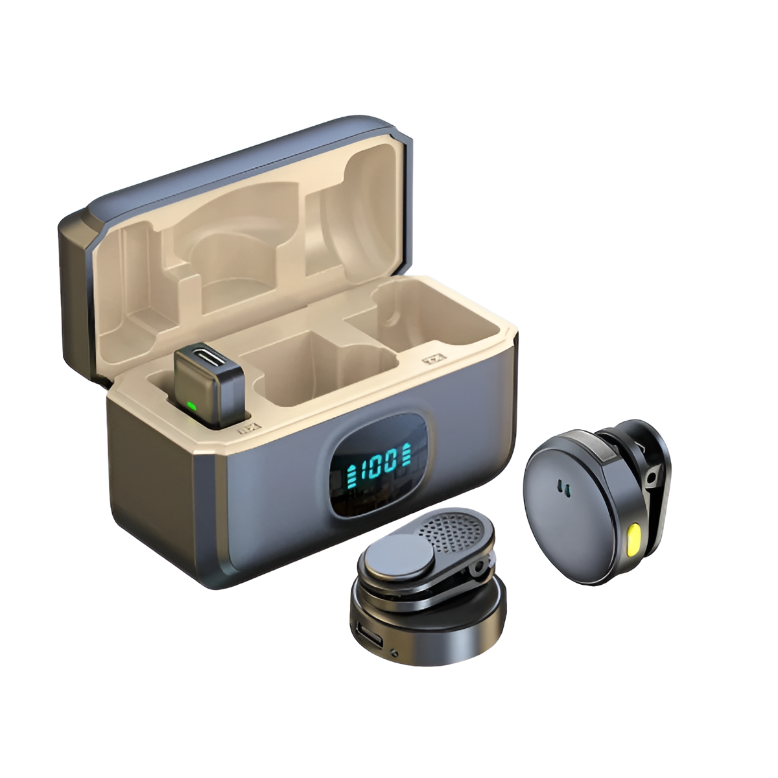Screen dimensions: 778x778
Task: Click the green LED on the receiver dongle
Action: [x=191, y=407]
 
